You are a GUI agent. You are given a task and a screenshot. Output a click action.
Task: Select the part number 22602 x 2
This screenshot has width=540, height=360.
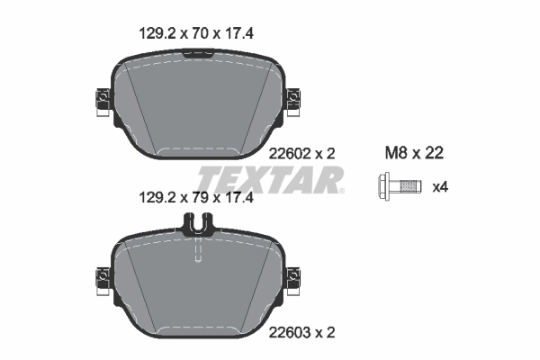click(303, 154)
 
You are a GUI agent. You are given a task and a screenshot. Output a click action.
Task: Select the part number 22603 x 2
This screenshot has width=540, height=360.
click(303, 332)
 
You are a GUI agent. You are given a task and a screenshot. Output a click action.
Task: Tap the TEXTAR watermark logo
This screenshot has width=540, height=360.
click(270, 178)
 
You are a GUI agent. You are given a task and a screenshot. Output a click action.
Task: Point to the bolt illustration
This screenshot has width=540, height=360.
click(398, 188)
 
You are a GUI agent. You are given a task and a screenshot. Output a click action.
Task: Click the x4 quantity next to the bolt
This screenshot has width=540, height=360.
click(440, 188)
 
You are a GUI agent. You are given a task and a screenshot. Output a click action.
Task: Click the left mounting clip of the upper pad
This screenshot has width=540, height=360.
click(100, 102)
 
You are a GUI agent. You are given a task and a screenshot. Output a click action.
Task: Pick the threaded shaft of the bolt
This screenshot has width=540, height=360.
click(409, 188)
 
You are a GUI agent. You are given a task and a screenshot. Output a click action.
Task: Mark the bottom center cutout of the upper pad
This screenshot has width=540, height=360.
click(196, 150)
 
